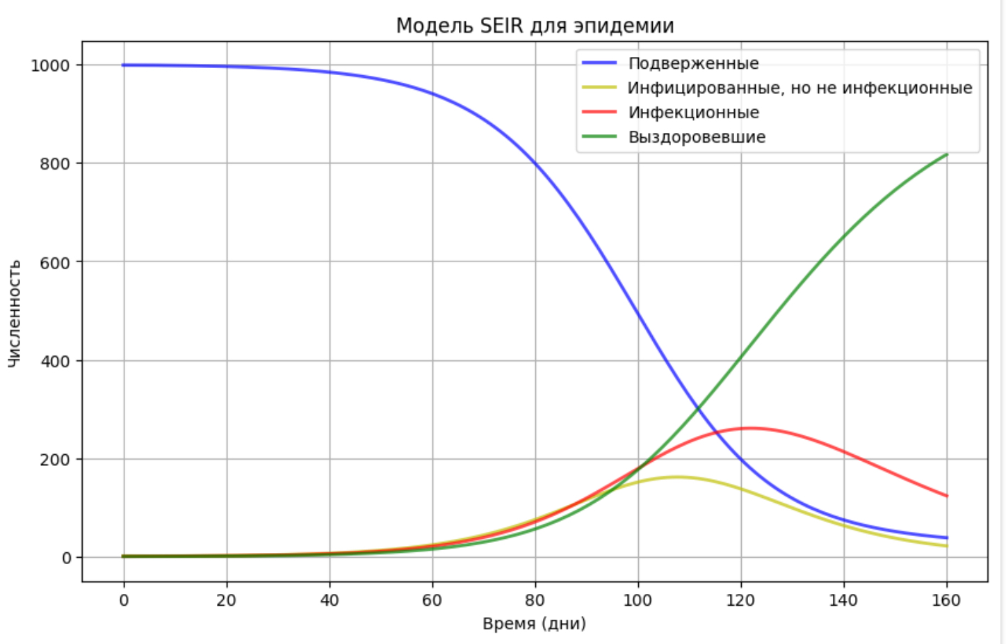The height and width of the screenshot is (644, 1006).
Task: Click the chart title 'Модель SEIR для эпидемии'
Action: [x=535, y=26]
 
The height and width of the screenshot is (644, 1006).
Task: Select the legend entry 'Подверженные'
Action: [x=693, y=63]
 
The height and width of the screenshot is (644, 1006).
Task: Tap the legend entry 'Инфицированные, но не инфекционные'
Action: [x=800, y=88]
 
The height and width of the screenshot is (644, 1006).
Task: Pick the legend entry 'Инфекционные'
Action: [x=693, y=113]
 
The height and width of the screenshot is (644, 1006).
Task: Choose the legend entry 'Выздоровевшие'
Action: [x=697, y=137]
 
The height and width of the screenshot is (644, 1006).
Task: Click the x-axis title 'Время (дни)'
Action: [x=534, y=623]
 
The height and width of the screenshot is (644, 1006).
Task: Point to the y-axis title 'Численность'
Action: [x=15, y=313]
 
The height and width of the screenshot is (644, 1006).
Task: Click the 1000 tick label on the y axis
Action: [x=51, y=65]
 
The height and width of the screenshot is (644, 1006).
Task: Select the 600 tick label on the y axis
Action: [x=55, y=263]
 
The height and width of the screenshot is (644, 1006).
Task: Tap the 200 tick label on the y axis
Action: [x=55, y=460]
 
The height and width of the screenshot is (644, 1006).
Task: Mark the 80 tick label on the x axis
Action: [x=535, y=600]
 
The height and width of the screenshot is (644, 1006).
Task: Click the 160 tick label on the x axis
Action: [x=946, y=600]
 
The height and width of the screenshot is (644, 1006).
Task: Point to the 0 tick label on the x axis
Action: [x=124, y=600]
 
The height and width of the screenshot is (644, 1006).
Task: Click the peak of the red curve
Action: [x=750, y=428]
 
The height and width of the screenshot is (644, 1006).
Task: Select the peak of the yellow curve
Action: [x=677, y=476]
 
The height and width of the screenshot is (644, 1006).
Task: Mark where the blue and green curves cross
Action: [x=697, y=409]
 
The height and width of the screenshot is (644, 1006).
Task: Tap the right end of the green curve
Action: [x=946, y=154]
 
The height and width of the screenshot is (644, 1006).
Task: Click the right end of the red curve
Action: [x=946, y=496]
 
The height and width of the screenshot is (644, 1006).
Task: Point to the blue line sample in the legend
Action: [x=599, y=63]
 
